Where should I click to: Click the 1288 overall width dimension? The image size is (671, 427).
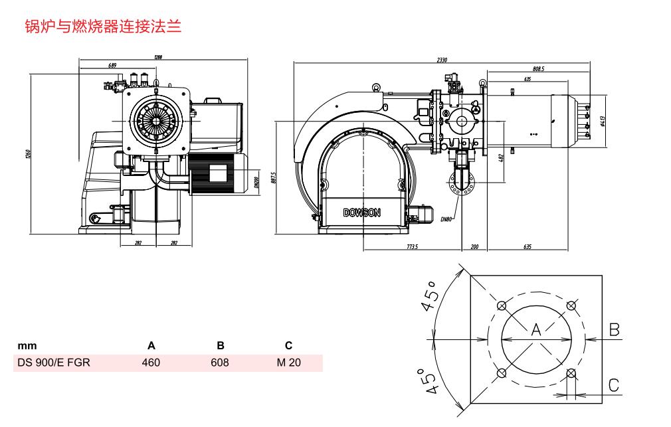click(x=157, y=57)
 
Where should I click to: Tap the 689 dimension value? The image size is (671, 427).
click(x=112, y=65)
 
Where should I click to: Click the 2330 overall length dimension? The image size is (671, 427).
click(x=442, y=60)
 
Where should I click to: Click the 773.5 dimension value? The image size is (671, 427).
click(x=411, y=246)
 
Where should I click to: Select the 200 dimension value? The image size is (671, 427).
click(x=474, y=246)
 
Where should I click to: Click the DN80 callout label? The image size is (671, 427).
click(x=446, y=218)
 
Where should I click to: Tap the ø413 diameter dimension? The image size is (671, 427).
click(x=601, y=121)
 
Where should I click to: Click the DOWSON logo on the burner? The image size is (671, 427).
click(x=362, y=213)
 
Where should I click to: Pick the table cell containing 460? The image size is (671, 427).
click(x=151, y=363)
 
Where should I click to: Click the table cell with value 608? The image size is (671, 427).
click(x=220, y=363)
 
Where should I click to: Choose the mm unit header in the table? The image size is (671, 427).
click(x=27, y=345)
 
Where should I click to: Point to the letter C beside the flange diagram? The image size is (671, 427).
click(x=614, y=385)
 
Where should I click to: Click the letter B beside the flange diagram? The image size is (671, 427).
click(x=615, y=329)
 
